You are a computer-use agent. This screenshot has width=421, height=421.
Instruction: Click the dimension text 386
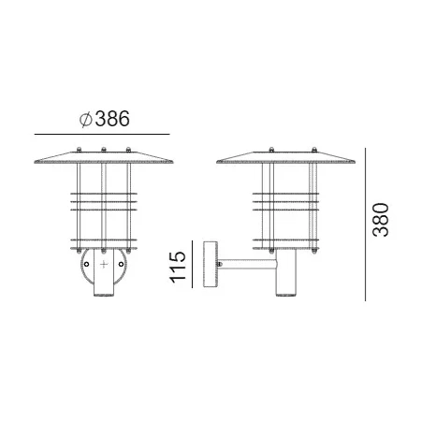click(x=112, y=119)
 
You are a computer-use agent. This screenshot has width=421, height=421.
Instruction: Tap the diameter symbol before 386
click(x=85, y=120)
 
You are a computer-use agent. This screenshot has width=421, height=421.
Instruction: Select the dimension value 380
click(x=381, y=220)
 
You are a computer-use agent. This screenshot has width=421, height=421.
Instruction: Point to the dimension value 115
click(x=178, y=267)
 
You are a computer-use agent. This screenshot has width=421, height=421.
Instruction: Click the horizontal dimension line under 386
click(x=102, y=135)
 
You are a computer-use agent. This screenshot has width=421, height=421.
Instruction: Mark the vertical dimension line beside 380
click(x=365, y=225)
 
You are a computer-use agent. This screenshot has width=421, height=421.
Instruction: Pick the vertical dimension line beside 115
click(x=192, y=264)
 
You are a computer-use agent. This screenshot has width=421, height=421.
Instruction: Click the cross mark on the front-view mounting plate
click(x=104, y=265)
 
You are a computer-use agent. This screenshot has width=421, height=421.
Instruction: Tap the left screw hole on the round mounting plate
click(x=87, y=264)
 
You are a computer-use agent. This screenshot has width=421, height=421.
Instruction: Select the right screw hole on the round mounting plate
click(x=121, y=264)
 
